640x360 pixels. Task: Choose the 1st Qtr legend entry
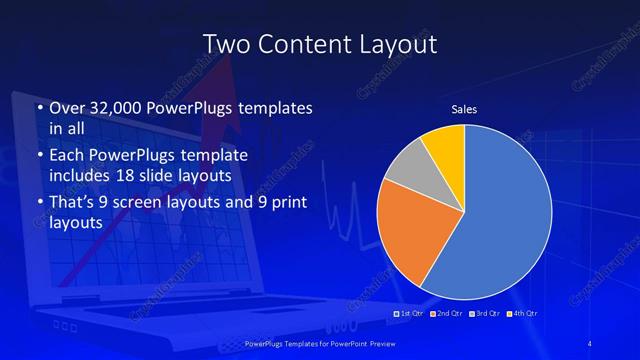(x=411, y=313)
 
